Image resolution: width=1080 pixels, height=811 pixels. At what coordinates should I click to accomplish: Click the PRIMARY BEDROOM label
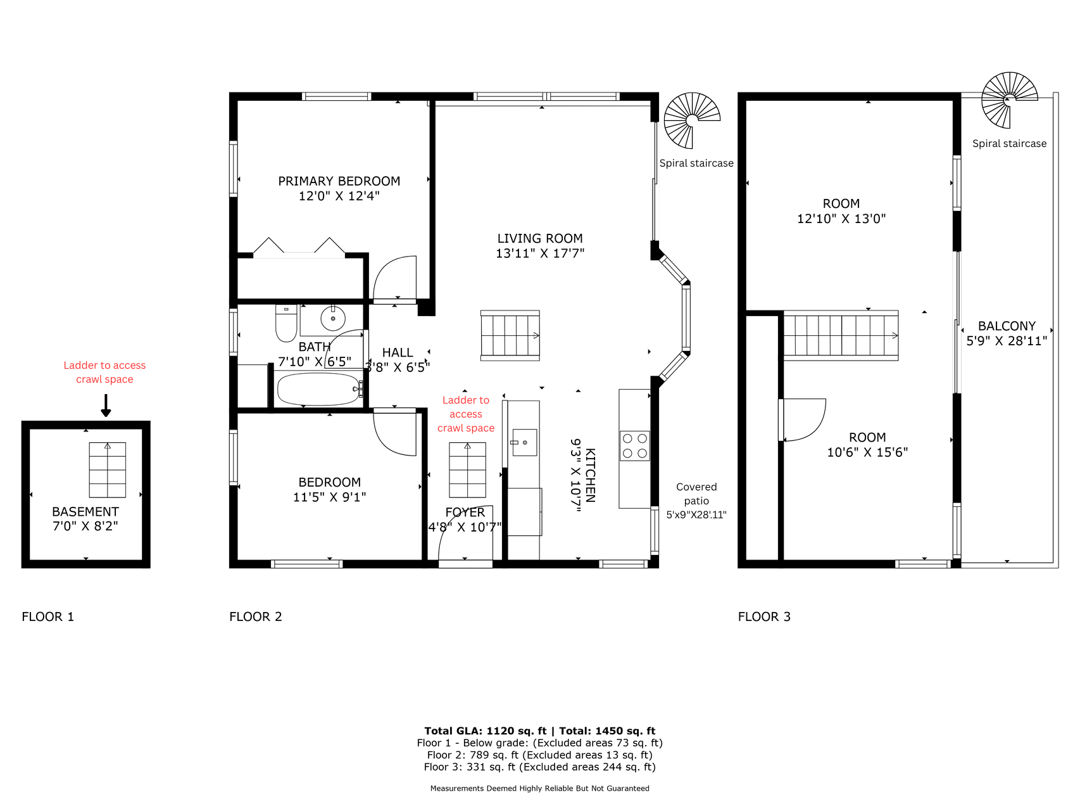(339, 181)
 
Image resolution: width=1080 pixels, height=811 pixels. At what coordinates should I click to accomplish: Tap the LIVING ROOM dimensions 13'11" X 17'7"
(540, 253)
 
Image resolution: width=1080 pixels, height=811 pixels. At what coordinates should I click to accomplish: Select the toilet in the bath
(286, 323)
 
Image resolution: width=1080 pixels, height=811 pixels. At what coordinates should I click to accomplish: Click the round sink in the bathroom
(333, 318)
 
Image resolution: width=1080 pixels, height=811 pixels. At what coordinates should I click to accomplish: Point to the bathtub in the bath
(319, 389)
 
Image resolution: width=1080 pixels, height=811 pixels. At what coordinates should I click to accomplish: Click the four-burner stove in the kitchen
(635, 445)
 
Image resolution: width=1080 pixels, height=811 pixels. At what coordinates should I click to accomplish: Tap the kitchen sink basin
(524, 442)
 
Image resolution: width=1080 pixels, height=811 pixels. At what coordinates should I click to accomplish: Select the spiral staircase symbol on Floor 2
(692, 120)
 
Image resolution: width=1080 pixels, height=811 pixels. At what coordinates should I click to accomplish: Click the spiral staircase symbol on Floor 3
(1010, 100)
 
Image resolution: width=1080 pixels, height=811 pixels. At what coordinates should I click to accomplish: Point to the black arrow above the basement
(106, 405)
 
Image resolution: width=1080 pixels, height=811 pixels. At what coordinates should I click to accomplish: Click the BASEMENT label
(85, 512)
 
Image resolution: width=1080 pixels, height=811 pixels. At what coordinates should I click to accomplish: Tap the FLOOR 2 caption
(256, 616)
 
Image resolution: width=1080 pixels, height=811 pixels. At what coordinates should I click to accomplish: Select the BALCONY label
(1007, 326)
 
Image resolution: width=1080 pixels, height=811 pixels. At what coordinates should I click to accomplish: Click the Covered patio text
(696, 494)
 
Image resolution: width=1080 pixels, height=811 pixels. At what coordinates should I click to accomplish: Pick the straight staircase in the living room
(510, 336)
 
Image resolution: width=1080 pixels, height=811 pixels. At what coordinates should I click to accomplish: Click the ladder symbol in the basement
(108, 469)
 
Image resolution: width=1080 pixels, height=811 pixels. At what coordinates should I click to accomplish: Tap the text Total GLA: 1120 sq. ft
(485, 731)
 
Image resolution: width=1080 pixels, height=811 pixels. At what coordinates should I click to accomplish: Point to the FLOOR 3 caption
(764, 616)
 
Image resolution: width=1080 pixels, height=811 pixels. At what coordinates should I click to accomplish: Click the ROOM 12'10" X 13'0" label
(841, 211)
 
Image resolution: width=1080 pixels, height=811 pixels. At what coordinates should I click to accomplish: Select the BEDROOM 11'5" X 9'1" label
(330, 490)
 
